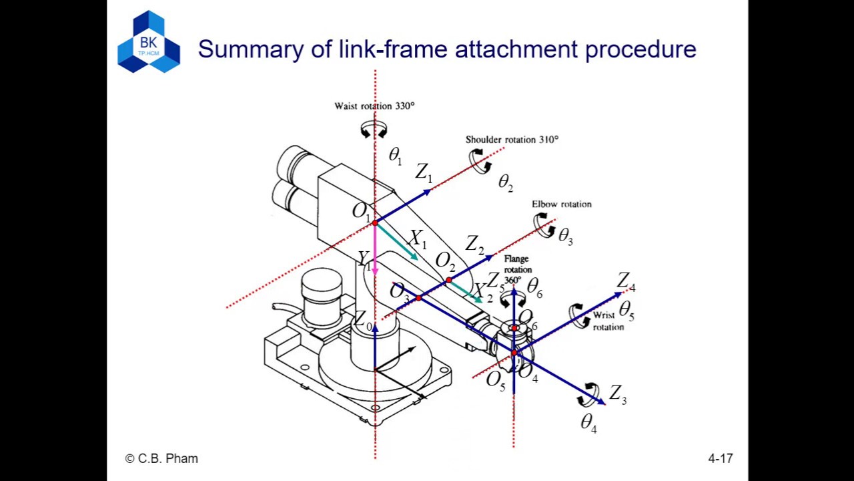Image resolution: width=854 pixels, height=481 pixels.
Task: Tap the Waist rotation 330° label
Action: point(374,106)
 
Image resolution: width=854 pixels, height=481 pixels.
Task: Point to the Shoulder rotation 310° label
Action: point(512,140)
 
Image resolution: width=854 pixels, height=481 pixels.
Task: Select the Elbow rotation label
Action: point(561,204)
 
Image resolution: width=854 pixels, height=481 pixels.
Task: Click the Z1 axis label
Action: point(424,173)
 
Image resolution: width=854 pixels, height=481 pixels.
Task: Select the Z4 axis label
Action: point(626,282)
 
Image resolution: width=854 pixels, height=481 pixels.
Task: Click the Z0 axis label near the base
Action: point(363,321)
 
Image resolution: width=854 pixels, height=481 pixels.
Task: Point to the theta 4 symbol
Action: point(588,423)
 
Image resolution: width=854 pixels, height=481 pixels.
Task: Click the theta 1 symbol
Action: point(395,156)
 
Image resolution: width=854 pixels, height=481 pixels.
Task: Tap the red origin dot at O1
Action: point(375,222)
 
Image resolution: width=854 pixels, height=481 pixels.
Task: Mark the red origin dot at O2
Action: point(448,280)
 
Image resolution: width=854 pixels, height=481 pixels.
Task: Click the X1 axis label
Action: point(418,238)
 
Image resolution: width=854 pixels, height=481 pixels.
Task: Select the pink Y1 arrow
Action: point(375,251)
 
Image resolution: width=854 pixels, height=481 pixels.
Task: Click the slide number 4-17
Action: point(720,459)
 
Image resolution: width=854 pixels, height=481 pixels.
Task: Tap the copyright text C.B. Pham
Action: point(161,459)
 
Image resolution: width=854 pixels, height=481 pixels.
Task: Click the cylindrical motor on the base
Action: point(322,294)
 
